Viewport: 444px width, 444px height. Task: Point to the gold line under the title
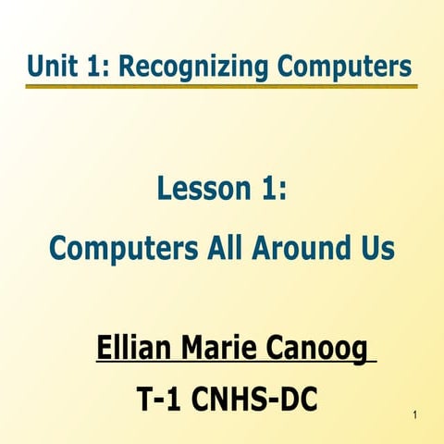pos(222,87)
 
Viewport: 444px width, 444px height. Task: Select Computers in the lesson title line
pos(118,248)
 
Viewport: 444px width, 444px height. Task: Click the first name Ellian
pos(135,351)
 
